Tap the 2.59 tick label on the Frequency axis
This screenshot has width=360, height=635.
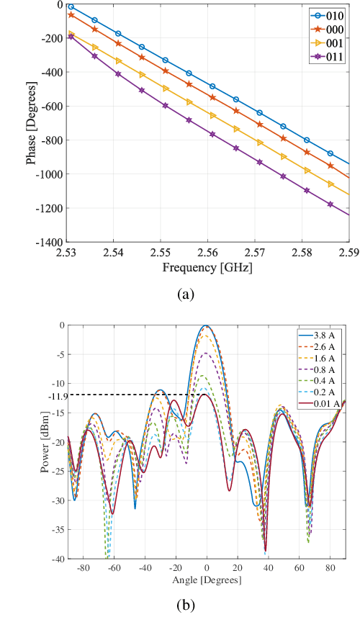click(x=348, y=253)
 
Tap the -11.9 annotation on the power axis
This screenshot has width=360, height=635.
click(x=57, y=395)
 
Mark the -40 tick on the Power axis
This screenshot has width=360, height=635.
click(x=59, y=559)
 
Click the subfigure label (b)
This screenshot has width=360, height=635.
click(x=186, y=605)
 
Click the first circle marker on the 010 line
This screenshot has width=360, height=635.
click(x=71, y=6)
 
